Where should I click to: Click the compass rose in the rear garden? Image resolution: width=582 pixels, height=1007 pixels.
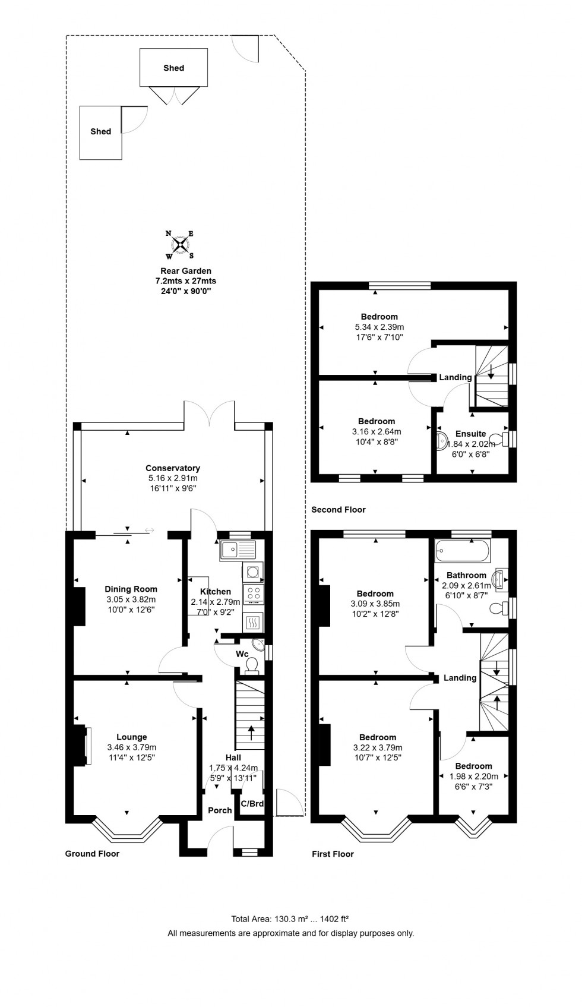point(180,245)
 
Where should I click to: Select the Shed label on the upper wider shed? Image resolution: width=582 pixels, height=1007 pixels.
point(173,68)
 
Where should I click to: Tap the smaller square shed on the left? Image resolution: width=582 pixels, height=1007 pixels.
point(101,132)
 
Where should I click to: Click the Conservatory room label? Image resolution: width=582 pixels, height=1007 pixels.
point(173,468)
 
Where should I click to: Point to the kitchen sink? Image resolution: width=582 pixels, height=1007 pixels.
point(237,550)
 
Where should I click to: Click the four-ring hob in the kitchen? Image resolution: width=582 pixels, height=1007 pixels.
point(253,593)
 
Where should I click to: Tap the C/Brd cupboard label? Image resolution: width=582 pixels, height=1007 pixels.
point(252,804)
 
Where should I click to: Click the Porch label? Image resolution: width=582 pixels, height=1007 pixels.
point(220,810)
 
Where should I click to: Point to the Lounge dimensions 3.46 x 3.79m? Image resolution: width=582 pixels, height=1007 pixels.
point(132,747)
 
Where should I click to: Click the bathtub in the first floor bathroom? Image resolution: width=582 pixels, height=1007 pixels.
point(462,551)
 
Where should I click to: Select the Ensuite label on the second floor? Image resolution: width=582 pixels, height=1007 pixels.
point(470,434)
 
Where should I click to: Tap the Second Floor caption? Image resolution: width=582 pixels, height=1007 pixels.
point(339,510)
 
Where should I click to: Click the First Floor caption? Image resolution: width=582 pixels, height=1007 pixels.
point(333,854)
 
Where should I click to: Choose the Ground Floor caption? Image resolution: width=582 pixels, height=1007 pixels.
point(92,854)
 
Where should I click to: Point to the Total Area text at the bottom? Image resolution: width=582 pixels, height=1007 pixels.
point(290,918)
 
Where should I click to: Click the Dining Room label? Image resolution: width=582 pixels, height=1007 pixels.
point(131,589)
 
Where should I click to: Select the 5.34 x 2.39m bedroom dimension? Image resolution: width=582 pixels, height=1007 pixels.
point(379,327)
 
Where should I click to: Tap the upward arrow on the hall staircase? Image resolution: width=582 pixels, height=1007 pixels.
point(250,732)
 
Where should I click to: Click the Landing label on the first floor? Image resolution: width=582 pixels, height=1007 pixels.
point(460,678)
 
